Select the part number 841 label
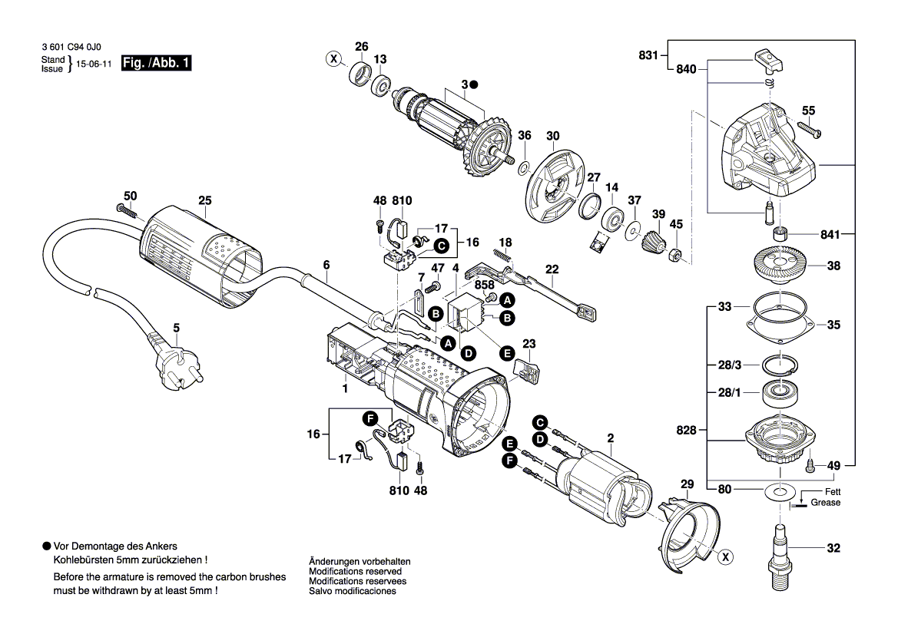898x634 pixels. click(830, 234)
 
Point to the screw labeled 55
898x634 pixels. click(809, 129)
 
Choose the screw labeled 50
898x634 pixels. click(128, 210)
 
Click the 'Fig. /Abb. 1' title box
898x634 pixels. click(156, 63)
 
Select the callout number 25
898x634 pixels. click(204, 200)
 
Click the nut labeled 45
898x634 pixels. click(675, 253)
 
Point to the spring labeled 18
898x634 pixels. click(502, 255)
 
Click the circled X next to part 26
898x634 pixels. click(333, 59)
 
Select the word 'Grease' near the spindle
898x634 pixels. click(825, 503)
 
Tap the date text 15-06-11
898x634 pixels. click(94, 64)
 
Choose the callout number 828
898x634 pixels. click(685, 429)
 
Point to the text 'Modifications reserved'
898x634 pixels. click(355, 571)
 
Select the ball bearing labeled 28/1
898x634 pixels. click(780, 392)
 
